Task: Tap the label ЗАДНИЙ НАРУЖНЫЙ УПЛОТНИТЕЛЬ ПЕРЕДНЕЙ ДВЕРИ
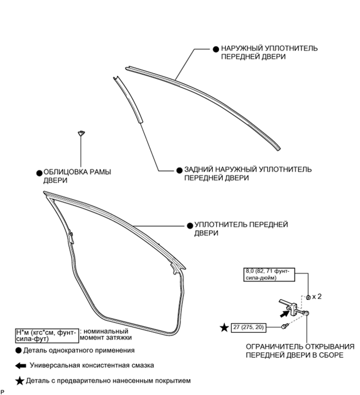click(247, 174)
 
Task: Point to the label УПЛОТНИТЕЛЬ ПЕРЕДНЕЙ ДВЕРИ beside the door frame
click(241, 229)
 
